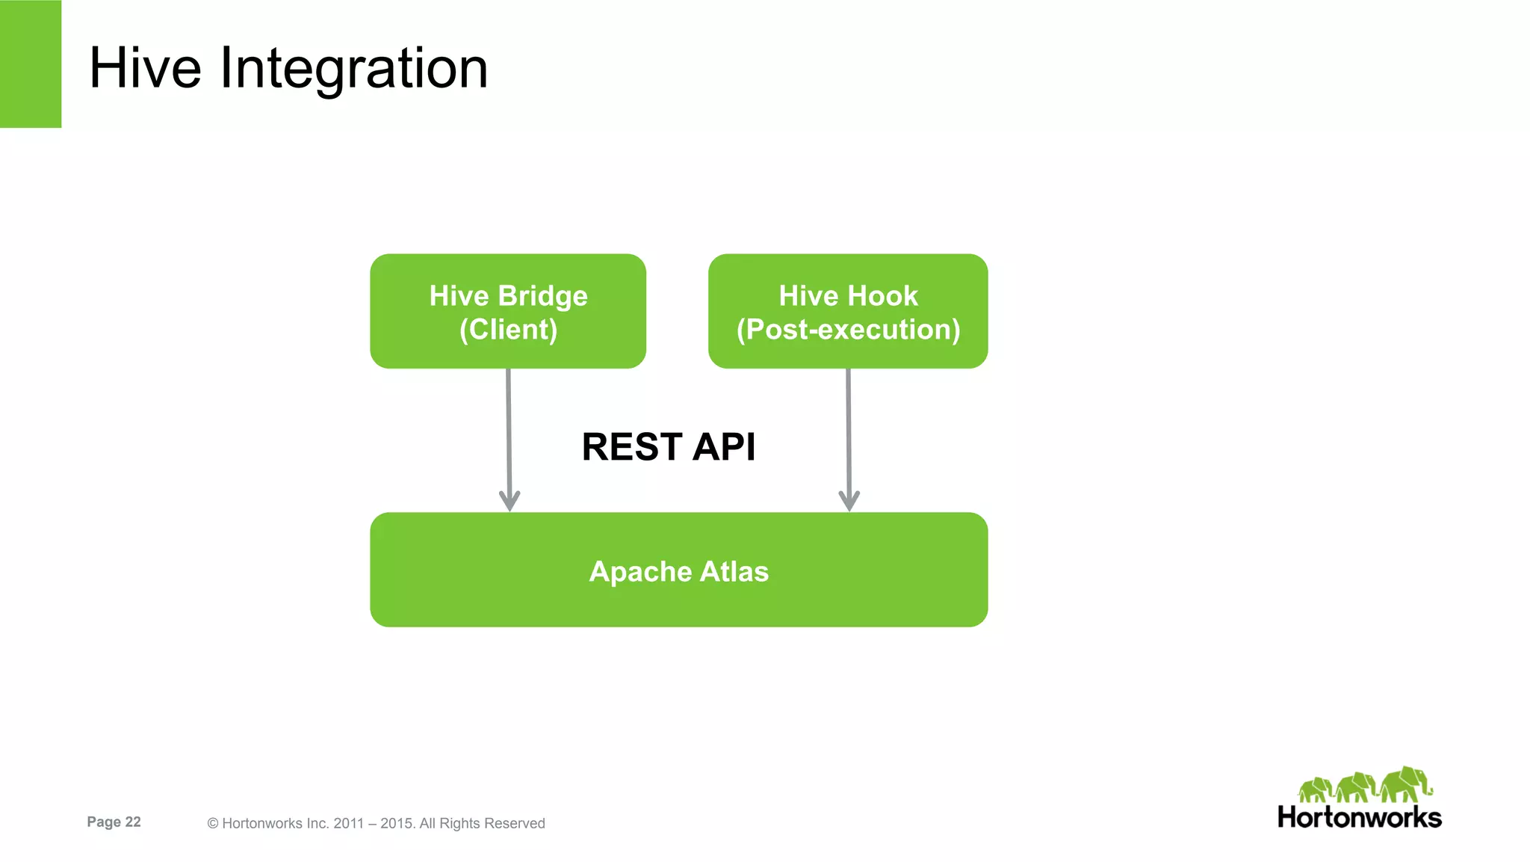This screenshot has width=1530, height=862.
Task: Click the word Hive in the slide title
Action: [145, 68]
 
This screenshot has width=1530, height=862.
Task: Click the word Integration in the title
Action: [353, 68]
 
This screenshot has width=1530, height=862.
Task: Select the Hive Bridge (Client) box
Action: [508, 312]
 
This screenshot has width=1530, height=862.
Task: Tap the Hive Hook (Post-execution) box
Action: [848, 312]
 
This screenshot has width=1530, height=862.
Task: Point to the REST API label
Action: [669, 447]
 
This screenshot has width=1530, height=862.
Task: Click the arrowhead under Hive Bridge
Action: [510, 500]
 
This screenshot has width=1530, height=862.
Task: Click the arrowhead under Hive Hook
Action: [849, 500]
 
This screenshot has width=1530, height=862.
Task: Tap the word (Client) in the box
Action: [508, 330]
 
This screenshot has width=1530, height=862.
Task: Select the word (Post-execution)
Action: [848, 330]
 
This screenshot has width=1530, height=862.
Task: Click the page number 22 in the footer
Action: [133, 822]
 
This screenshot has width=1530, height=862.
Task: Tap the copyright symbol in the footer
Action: [213, 823]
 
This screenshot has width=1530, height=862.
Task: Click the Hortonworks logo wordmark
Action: [1359, 817]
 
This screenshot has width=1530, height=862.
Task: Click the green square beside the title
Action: [30, 64]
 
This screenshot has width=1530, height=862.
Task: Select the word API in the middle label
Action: [723, 447]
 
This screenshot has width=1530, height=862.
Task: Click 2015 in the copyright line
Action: [397, 823]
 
